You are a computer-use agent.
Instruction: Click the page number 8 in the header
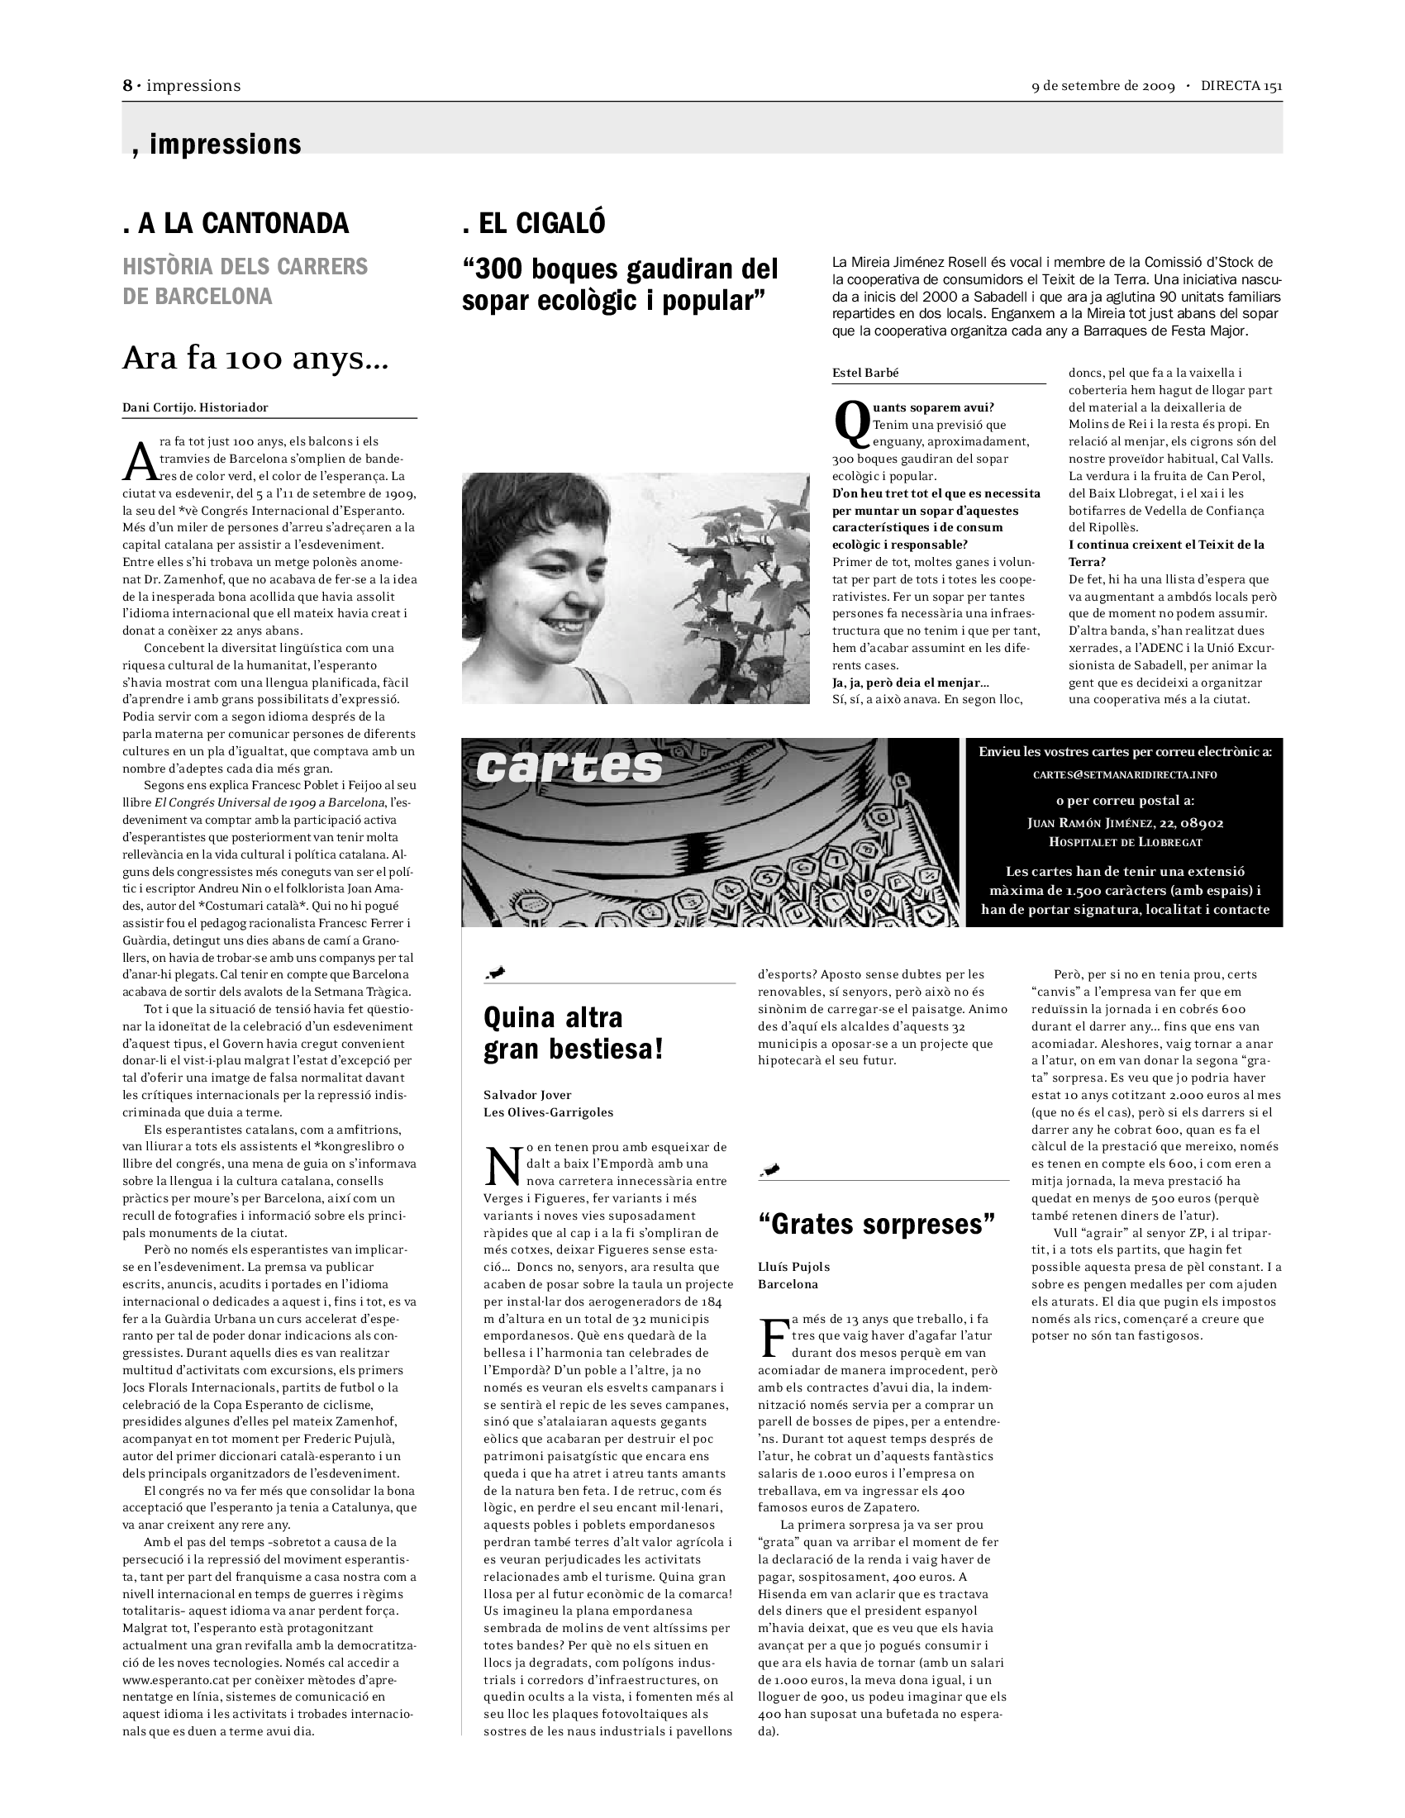(127, 86)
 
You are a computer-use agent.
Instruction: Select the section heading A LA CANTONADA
(236, 223)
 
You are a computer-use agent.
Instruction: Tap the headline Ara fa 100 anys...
(255, 358)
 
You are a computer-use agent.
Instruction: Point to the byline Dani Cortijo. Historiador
(195, 407)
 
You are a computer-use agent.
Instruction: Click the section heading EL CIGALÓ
(534, 223)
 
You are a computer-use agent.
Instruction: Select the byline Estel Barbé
(864, 373)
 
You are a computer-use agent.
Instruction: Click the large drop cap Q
(850, 423)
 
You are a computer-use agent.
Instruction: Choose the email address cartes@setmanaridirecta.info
(1125, 774)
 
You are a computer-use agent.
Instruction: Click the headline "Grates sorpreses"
(876, 1224)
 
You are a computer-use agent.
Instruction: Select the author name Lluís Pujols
(793, 1266)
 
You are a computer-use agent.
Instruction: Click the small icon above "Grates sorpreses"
(771, 1169)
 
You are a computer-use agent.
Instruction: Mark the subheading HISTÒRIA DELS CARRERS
(245, 266)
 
